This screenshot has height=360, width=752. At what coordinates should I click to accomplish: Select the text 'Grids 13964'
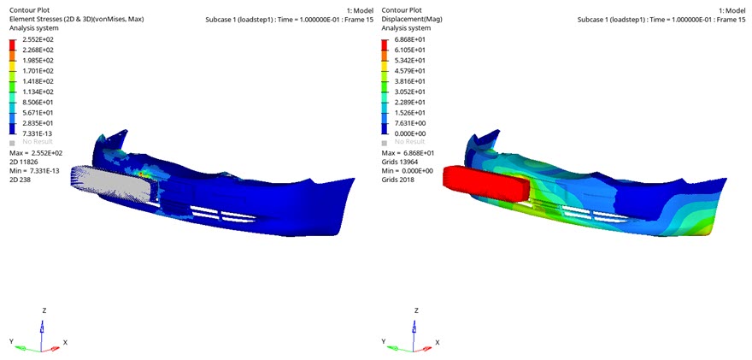[397, 162]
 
